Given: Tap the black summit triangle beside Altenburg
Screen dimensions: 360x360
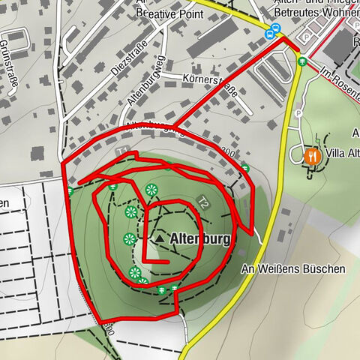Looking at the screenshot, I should [160, 238].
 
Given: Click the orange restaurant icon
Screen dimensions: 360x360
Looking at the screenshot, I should [312, 156].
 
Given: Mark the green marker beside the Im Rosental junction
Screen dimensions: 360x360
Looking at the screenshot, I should [301, 61].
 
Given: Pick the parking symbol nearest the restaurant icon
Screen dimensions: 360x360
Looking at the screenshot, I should [299, 113].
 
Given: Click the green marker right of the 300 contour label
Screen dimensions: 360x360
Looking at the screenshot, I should [244, 168].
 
